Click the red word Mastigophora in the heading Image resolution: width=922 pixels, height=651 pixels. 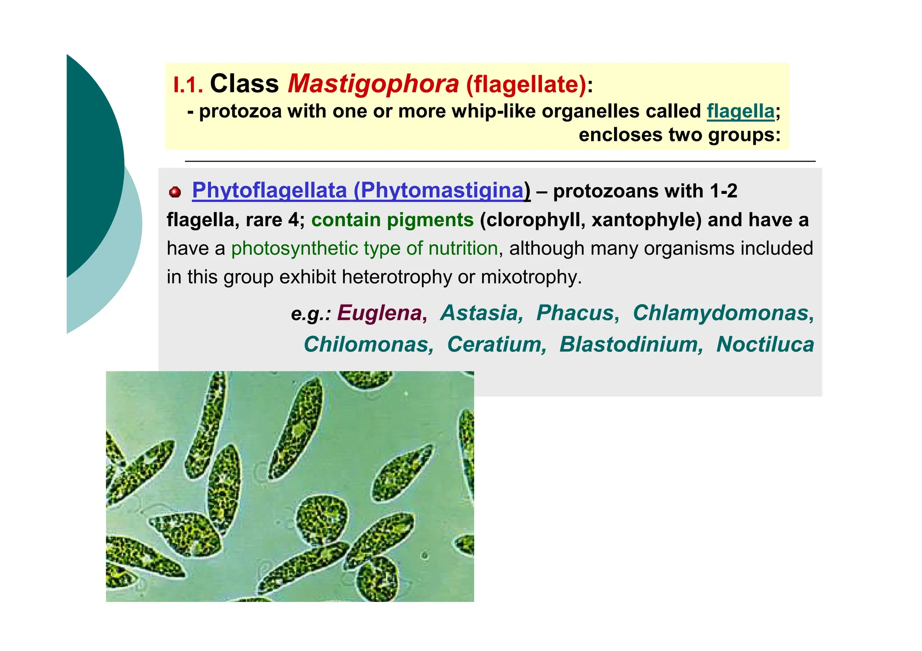pos(373,84)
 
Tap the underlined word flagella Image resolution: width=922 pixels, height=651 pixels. pos(741,111)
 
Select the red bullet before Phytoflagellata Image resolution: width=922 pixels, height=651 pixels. pos(175,193)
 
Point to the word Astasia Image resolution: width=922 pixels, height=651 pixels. pos(480,313)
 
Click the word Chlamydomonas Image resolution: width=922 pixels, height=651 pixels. pos(723,313)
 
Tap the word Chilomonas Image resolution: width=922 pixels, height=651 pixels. pos(368,345)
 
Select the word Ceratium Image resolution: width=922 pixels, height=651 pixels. pos(496,345)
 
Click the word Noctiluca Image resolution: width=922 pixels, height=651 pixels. pos(765,345)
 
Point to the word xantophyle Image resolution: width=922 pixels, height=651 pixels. pos(646,220)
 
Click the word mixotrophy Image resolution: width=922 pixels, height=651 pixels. pos(531,277)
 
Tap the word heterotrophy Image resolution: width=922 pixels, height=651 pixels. pos(397,277)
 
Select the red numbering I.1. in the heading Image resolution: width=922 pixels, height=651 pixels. pos(188,85)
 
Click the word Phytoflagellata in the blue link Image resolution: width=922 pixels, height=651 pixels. pos(269,190)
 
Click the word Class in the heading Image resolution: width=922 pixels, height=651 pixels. pos(244,84)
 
